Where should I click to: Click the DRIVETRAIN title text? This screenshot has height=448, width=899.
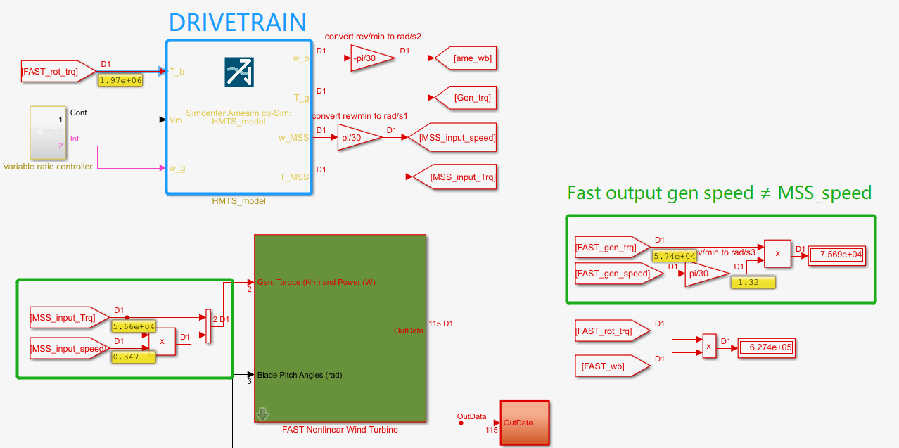[238, 22]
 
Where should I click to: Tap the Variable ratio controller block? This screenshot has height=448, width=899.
[47, 133]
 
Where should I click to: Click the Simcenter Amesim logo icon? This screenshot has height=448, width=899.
[239, 72]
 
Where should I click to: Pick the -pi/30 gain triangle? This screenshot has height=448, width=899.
[370, 58]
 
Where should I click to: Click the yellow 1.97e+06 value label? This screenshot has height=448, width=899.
[121, 81]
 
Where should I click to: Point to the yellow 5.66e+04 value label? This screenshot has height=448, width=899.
[134, 326]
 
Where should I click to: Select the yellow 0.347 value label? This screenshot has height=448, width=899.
[134, 357]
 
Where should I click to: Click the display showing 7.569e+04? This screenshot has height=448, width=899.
[836, 255]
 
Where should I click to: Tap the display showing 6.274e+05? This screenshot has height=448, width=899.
[766, 347]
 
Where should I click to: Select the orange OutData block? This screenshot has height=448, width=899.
[524, 423]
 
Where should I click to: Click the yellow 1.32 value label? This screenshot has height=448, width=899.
[753, 283]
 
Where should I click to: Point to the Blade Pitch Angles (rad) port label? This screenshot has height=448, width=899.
[299, 375]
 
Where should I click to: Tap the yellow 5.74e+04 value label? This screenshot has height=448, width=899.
[675, 257]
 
